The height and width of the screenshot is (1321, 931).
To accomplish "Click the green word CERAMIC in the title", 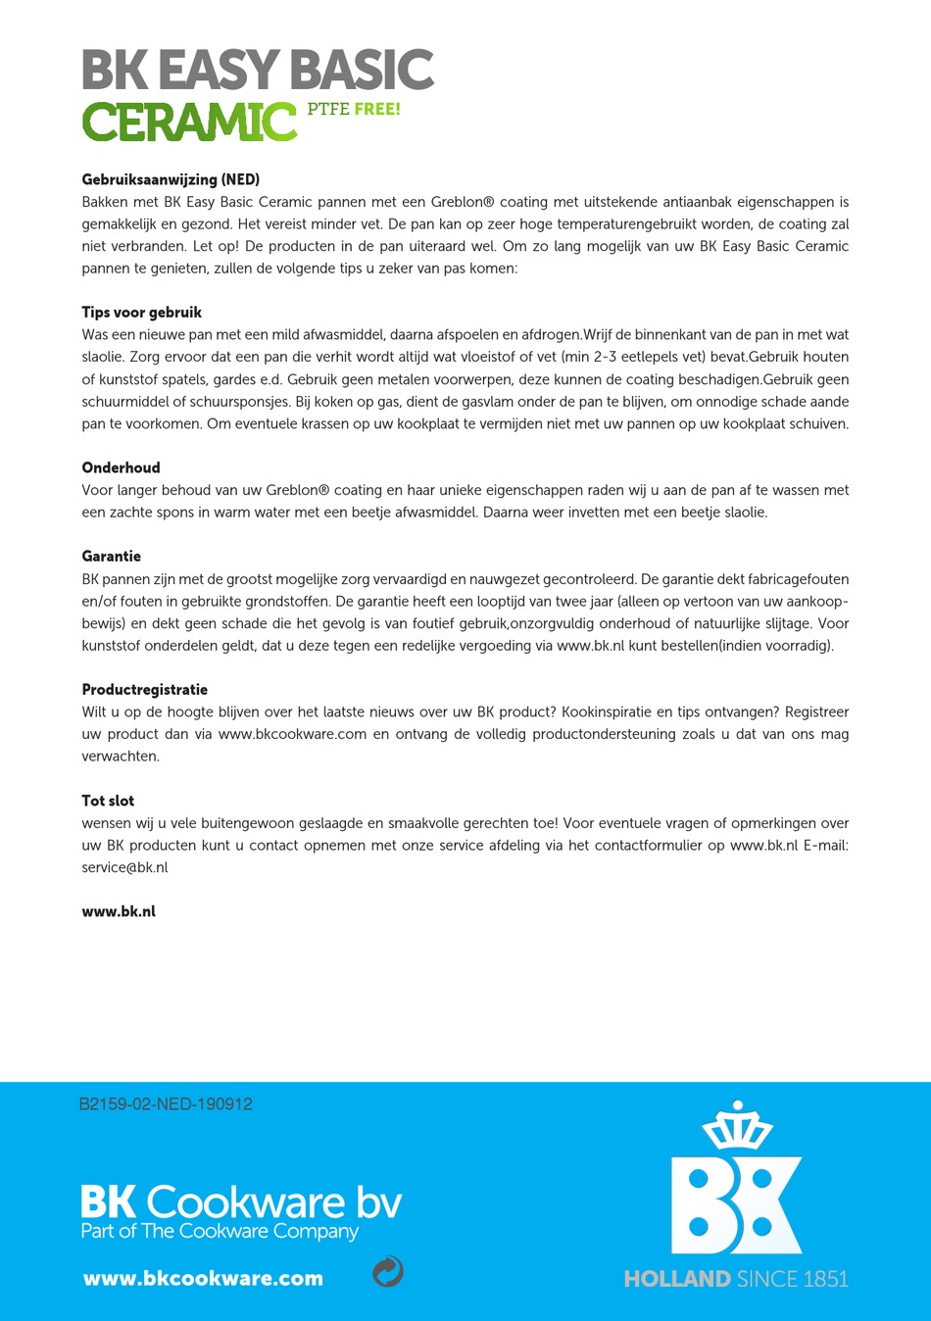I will (x=189, y=122).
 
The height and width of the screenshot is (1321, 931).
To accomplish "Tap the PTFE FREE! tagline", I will (x=354, y=109).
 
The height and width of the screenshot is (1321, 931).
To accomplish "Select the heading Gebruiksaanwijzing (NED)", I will (x=171, y=179).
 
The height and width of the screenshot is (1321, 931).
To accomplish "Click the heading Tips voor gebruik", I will (x=142, y=312).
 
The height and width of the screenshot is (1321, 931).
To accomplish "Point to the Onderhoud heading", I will (x=121, y=467).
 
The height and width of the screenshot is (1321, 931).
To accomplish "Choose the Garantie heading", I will (x=112, y=556).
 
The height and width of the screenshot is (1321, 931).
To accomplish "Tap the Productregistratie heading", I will (x=145, y=689).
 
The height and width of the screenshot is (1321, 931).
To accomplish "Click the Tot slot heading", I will (x=108, y=801).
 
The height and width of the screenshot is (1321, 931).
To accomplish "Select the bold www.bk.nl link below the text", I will (x=119, y=911).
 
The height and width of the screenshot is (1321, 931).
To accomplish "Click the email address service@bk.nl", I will (x=124, y=867).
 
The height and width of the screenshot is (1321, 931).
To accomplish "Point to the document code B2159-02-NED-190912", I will (x=166, y=1104).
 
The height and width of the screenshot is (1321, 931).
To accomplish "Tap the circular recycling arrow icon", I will (x=388, y=1271).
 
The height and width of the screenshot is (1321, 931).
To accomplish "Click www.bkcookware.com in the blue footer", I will (x=203, y=1278).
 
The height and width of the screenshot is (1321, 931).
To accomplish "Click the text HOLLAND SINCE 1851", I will (x=736, y=1279).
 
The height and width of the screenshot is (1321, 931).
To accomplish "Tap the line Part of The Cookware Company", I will (x=220, y=1232).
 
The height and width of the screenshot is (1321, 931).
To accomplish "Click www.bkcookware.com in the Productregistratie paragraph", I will (x=292, y=734).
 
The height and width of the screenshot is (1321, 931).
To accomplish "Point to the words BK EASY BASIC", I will (x=258, y=71).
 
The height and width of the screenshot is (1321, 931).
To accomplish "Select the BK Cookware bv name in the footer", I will (x=241, y=1201).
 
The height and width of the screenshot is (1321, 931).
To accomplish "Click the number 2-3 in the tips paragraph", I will (x=612, y=357).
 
